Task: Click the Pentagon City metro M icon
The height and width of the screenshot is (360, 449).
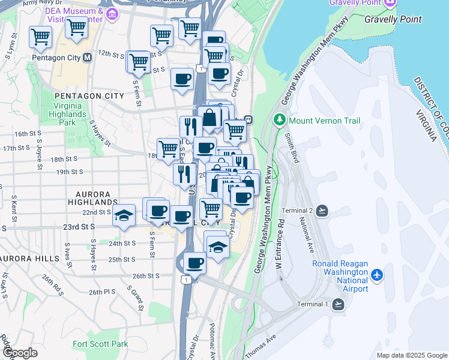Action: tap(87, 58)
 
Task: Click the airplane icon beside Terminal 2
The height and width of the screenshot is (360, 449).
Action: tap(323, 211)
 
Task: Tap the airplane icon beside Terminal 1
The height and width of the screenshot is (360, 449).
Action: tap(339, 305)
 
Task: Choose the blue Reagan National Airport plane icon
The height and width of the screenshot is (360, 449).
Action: tap(377, 275)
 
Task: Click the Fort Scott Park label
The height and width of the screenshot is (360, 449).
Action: tap(100, 344)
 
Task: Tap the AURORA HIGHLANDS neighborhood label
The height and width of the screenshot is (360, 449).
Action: tap(93, 199)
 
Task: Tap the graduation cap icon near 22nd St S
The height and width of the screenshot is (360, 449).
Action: tap(124, 216)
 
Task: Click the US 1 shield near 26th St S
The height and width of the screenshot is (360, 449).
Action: tap(188, 280)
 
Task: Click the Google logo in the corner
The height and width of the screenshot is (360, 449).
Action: tap(20, 353)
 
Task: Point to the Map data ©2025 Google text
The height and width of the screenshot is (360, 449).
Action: tap(411, 355)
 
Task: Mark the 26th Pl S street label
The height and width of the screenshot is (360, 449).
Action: tap(102, 292)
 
